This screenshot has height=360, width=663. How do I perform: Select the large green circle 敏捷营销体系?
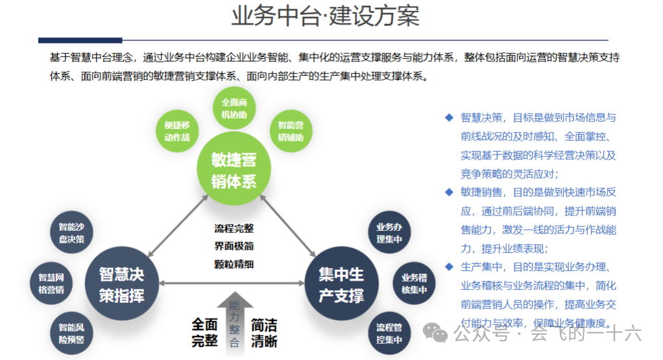(x=234, y=170)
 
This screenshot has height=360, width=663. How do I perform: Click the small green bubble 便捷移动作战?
(x=177, y=130)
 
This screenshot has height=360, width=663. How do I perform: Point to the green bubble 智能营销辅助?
(x=291, y=130)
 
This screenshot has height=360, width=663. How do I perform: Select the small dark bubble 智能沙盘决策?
(x=71, y=233)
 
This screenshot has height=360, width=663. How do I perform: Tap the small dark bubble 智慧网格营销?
(x=51, y=283)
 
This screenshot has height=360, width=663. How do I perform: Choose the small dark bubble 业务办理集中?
(x=389, y=233)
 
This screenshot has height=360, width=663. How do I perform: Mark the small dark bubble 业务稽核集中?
(x=414, y=283)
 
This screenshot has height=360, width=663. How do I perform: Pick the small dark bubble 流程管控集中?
(x=389, y=333)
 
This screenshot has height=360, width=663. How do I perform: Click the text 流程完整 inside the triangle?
(x=234, y=228)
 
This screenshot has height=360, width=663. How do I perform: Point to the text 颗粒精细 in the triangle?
(x=234, y=264)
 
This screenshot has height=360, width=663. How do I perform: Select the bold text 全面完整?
(x=204, y=332)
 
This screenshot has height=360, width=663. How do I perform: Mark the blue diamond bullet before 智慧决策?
(x=448, y=117)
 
